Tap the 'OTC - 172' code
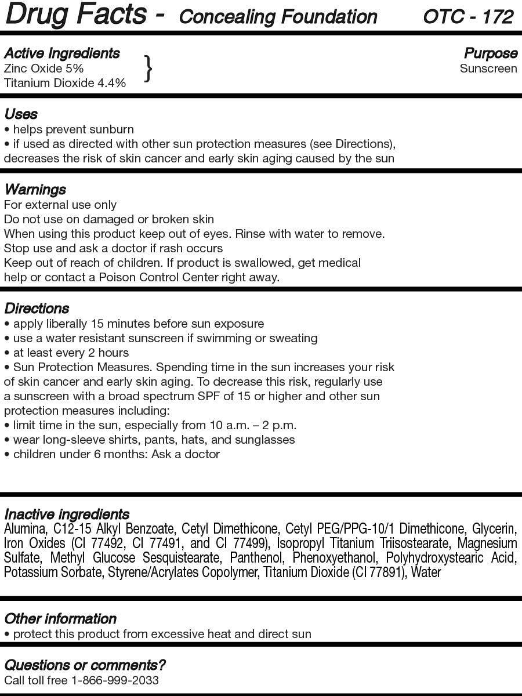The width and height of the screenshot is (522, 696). click(468, 16)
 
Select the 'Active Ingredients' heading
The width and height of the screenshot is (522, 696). click(61, 53)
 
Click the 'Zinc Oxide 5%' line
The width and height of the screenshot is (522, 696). click(43, 68)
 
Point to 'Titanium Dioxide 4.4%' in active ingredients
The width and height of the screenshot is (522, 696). click(64, 83)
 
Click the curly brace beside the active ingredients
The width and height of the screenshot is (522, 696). click(148, 68)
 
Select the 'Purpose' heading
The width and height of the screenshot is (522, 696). click(491, 53)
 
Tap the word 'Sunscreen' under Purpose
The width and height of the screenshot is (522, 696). click(488, 68)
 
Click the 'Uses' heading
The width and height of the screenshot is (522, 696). click(21, 114)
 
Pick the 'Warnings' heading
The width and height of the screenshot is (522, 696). click(35, 190)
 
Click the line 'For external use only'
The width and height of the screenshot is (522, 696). click(60, 205)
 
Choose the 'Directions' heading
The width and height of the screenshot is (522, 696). click(37, 309)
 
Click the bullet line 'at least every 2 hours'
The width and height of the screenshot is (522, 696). click(71, 353)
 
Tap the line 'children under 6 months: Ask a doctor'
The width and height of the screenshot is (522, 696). click(116, 454)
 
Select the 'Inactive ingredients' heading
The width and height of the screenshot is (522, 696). click(67, 514)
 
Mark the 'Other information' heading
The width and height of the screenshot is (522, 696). click(60, 619)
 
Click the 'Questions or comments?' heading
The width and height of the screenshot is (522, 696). click(85, 665)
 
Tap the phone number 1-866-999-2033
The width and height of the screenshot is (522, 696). click(115, 680)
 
